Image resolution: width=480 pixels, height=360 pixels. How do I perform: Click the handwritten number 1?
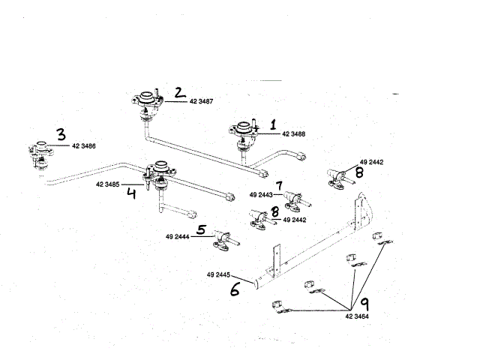pos(274,123)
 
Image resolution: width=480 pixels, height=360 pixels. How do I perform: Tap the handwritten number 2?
pos(178,92)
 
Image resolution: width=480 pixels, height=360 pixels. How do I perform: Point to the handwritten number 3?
pos(60,134)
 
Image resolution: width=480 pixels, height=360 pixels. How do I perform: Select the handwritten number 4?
pos(131,193)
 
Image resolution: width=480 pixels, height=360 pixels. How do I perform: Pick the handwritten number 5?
pos(201,230)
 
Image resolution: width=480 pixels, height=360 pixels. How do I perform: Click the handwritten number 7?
pos(278,185)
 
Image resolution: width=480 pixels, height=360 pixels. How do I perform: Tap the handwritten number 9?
pos(364,304)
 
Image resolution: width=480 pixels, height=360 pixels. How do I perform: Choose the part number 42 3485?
pos(109,183)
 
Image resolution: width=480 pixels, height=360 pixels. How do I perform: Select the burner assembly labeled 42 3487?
pos(147,102)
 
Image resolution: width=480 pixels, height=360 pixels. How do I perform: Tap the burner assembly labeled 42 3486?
pos(39,151)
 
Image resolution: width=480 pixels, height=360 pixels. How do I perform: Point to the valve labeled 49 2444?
pos(223,238)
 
